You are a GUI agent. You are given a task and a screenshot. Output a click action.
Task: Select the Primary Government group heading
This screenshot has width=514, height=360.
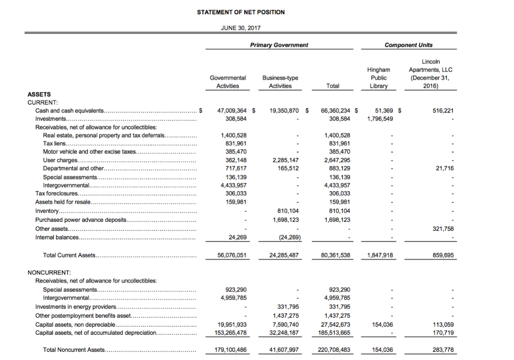[x=279, y=45]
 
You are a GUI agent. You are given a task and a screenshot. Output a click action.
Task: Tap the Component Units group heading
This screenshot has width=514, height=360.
[x=408, y=45]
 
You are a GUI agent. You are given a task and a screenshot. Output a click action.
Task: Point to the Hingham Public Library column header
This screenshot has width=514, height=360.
[x=378, y=78]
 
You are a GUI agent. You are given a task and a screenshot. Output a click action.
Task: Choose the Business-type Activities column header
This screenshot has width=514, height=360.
[x=280, y=82]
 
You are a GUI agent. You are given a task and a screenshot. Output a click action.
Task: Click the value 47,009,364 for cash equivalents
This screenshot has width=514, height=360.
[x=232, y=110]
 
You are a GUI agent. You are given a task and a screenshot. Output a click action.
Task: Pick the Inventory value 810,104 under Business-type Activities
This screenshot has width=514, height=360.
[x=288, y=211]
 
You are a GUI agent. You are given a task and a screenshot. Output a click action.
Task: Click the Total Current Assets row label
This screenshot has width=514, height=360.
[x=69, y=255]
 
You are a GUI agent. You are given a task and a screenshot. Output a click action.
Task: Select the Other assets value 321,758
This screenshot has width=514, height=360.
[x=443, y=228]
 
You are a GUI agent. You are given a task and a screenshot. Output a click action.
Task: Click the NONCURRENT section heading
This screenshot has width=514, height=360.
[x=50, y=272]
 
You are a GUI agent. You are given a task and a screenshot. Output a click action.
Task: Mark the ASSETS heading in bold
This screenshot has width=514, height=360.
[x=39, y=94]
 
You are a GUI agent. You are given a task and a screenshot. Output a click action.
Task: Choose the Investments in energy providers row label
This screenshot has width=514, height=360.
[x=75, y=306]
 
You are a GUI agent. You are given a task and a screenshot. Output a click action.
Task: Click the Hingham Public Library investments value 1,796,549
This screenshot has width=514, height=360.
[x=380, y=119]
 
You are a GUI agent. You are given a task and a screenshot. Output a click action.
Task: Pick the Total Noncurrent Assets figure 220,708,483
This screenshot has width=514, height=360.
[x=334, y=350]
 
